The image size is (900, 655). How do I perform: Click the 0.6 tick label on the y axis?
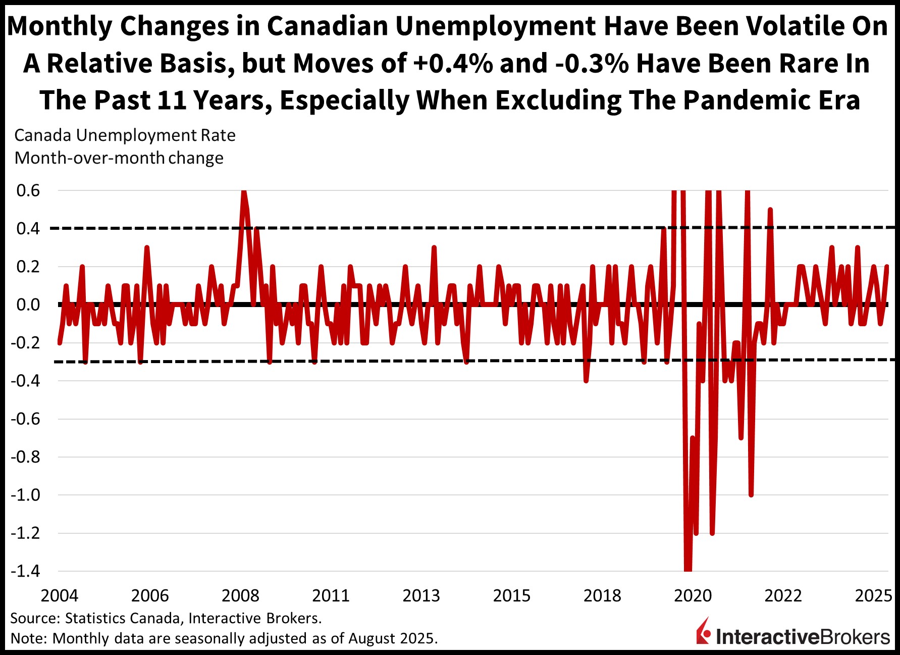point(28,191)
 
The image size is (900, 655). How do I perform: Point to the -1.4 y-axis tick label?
point(25,571)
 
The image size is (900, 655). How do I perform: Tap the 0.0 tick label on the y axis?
point(28,305)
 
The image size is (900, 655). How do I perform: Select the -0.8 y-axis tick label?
point(25,457)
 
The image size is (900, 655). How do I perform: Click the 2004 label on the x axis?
point(60,596)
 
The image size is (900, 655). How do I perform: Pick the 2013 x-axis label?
point(421,596)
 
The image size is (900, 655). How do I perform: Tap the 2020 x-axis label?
point(693,596)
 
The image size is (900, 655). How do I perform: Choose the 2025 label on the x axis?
point(874,596)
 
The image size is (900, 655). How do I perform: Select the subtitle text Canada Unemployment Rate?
point(125,135)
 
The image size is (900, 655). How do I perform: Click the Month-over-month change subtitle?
point(119,158)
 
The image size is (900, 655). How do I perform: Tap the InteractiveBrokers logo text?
point(803,637)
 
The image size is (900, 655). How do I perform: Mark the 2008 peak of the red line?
point(244,192)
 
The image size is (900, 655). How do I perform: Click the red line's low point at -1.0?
point(751,494)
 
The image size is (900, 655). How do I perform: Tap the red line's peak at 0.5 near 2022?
point(770,210)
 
